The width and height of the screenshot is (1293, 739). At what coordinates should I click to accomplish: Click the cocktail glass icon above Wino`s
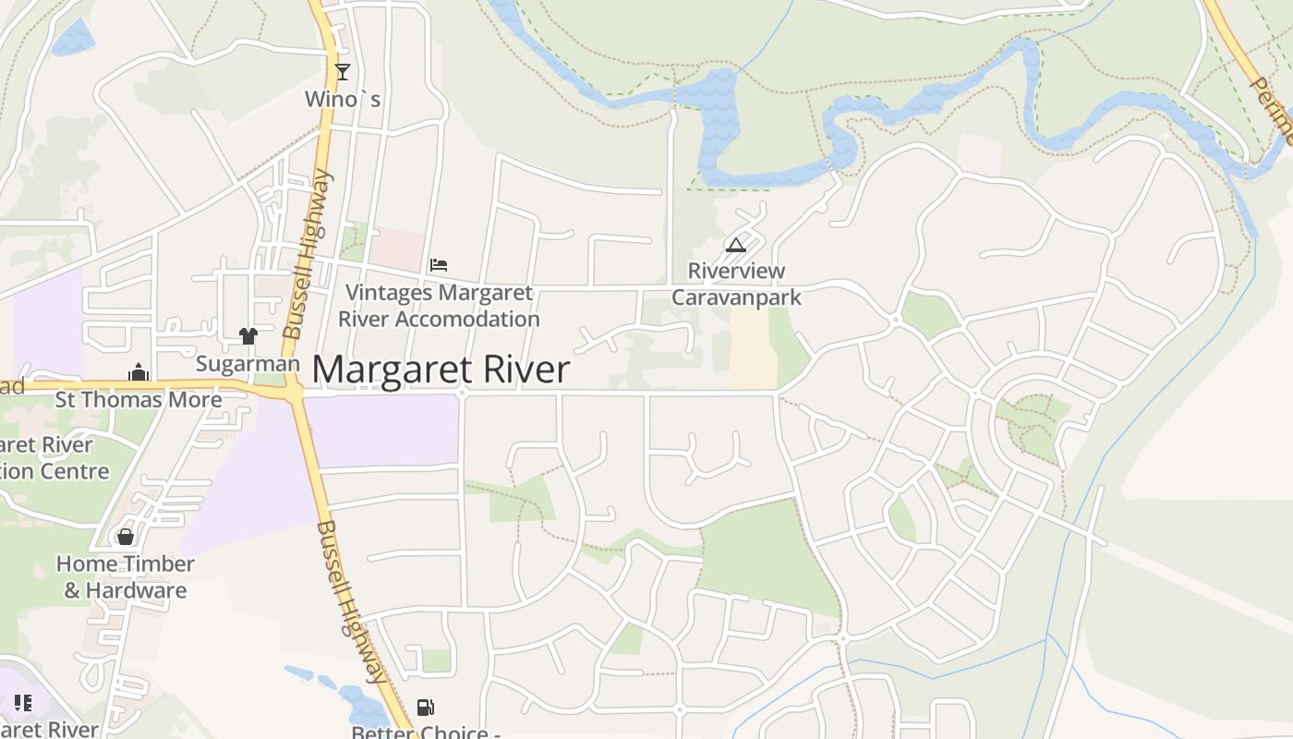click(x=343, y=71)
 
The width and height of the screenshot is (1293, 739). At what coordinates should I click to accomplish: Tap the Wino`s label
click(x=343, y=98)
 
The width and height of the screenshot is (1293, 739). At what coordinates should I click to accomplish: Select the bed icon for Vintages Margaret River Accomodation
click(x=439, y=265)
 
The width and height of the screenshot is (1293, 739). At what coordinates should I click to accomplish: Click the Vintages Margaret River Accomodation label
click(x=439, y=306)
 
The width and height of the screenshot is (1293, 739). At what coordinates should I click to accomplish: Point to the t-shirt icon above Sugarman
click(x=248, y=335)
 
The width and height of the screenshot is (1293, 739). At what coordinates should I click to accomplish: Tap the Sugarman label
click(x=248, y=364)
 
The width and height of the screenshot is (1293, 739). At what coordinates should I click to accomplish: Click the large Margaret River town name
click(x=441, y=369)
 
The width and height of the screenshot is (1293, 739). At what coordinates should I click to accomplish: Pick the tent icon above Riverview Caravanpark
click(x=735, y=245)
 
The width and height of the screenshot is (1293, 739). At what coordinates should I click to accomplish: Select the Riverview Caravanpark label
click(x=736, y=284)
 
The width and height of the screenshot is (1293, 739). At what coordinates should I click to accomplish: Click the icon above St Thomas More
click(x=139, y=372)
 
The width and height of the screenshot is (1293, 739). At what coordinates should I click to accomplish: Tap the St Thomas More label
click(x=139, y=400)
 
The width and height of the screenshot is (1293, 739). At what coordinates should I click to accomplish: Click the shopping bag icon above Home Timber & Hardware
click(x=126, y=536)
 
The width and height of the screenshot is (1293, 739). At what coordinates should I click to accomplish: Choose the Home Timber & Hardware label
click(x=126, y=576)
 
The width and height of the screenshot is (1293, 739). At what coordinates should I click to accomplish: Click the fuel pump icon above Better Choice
click(x=425, y=708)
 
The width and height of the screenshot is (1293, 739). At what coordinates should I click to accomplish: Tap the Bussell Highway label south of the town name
click(x=351, y=600)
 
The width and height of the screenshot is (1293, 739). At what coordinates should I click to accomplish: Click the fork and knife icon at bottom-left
click(x=23, y=703)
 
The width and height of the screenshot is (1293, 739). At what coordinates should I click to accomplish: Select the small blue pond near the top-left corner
click(x=73, y=37)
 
